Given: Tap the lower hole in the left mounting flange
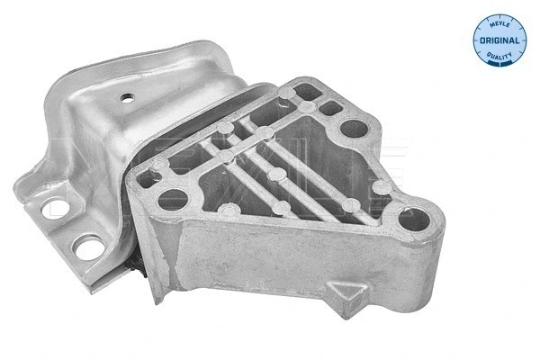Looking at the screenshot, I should point(89,246).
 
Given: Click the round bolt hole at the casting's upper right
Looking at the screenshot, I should point(354,129).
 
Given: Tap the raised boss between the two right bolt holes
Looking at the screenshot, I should point(382,186).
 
